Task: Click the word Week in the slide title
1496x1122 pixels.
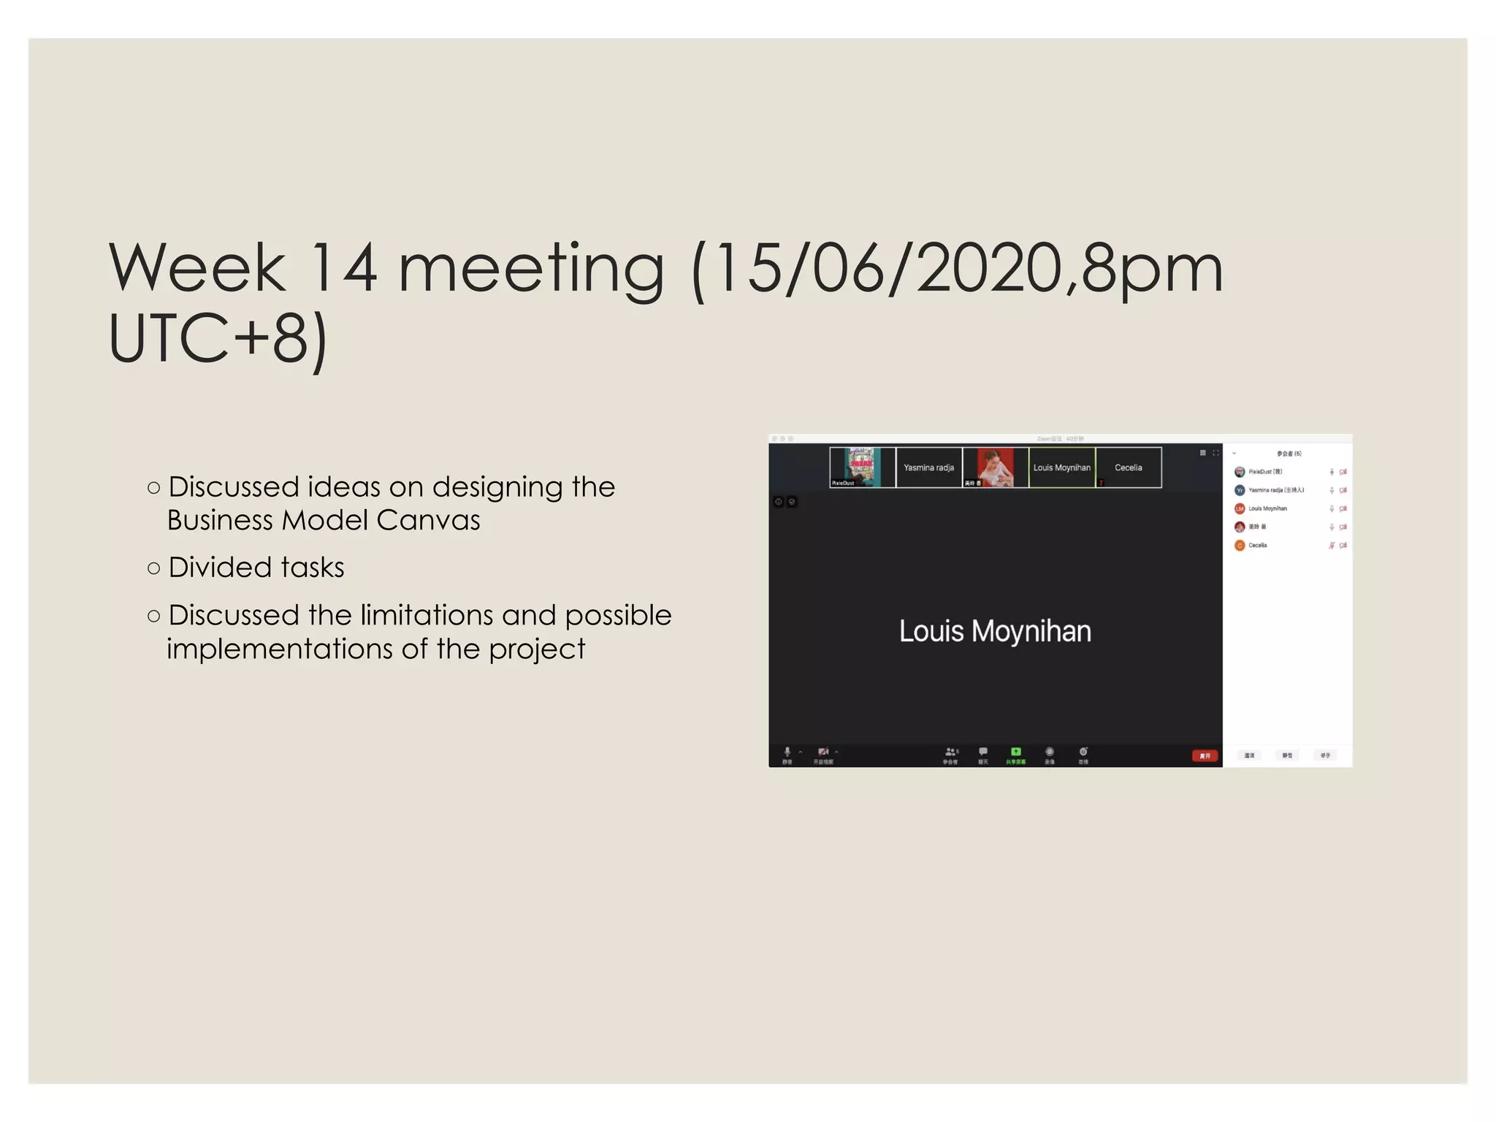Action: [197, 268]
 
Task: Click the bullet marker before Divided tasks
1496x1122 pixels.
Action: [153, 568]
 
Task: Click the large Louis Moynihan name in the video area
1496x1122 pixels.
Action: [995, 631]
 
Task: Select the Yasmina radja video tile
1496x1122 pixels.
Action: [928, 467]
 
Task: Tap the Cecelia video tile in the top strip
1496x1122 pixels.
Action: [1128, 467]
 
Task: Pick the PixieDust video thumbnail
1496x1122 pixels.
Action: [862, 467]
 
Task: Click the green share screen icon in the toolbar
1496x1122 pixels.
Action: [1015, 752]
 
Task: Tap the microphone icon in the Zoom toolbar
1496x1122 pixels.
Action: [787, 752]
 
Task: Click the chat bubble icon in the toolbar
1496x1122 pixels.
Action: [983, 752]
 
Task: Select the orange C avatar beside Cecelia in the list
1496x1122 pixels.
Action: [1240, 546]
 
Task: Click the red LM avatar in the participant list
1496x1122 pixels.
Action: [1240, 509]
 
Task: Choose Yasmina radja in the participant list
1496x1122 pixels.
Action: [1275, 490]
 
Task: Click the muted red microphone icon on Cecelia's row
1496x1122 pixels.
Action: [1332, 546]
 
